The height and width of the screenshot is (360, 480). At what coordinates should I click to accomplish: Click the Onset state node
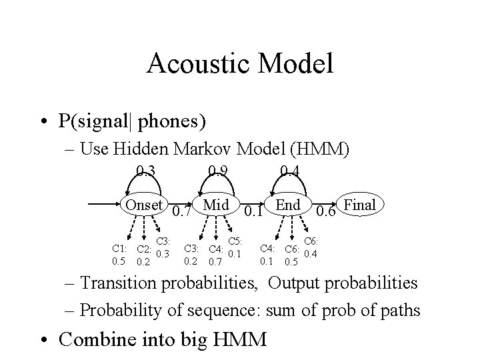coord(144,205)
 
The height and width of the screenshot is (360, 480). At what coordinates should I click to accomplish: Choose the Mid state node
coord(216,205)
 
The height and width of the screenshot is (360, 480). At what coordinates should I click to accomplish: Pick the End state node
coord(288,205)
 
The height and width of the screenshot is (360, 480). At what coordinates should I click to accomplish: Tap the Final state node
coord(361,205)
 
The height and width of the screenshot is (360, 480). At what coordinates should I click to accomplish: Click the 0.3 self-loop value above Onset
coord(145,172)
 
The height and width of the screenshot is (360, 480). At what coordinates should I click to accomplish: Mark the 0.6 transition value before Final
coord(326,213)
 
